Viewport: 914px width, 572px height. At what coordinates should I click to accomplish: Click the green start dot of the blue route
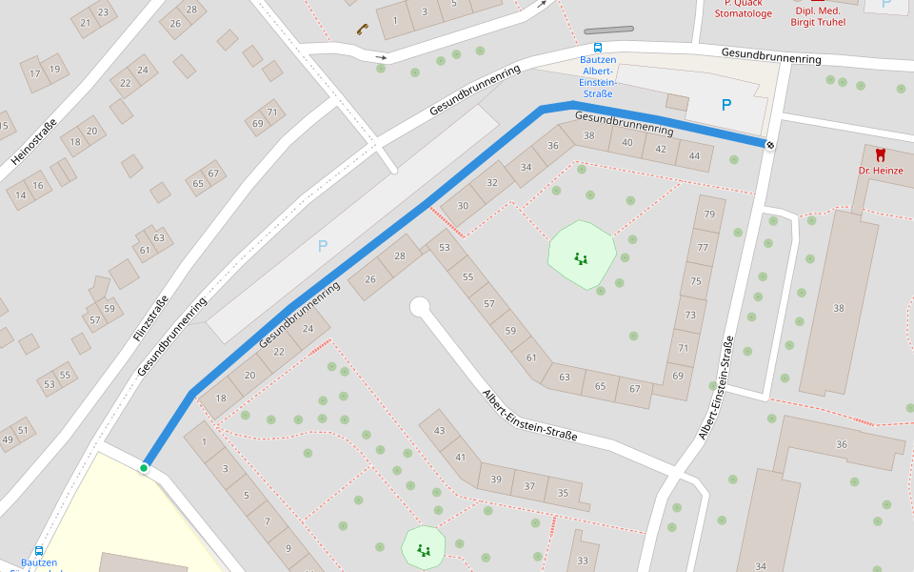click(x=144, y=467)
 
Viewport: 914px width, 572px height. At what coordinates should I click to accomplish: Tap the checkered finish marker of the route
click(x=769, y=145)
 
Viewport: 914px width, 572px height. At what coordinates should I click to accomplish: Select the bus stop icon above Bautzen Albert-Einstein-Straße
click(x=598, y=47)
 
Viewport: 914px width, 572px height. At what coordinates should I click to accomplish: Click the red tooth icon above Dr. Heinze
click(x=880, y=154)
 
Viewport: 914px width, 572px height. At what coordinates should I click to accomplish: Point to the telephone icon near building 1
click(x=362, y=28)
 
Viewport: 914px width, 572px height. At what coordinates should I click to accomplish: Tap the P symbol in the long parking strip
click(x=323, y=246)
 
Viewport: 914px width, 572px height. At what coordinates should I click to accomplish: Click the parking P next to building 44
click(x=726, y=105)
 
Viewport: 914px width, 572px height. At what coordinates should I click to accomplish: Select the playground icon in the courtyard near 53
click(x=580, y=257)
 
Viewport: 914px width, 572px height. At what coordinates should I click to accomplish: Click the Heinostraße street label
click(x=34, y=141)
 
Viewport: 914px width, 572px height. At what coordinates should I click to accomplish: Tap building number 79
click(x=709, y=214)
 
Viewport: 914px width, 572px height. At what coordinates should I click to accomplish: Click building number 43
click(x=439, y=431)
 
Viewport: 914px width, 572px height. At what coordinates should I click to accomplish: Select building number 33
click(x=583, y=561)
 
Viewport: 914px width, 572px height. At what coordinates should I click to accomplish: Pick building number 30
click(x=463, y=206)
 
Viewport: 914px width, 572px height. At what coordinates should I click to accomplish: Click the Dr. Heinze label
click(x=880, y=171)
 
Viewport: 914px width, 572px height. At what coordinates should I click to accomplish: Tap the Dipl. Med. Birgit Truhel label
click(x=818, y=15)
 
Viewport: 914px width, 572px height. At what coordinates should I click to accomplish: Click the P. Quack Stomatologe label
click(x=743, y=9)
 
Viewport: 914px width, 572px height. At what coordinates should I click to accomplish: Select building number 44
click(x=694, y=155)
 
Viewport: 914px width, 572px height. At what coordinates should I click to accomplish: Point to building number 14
click(x=21, y=194)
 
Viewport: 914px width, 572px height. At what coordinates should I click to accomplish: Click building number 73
click(x=690, y=315)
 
